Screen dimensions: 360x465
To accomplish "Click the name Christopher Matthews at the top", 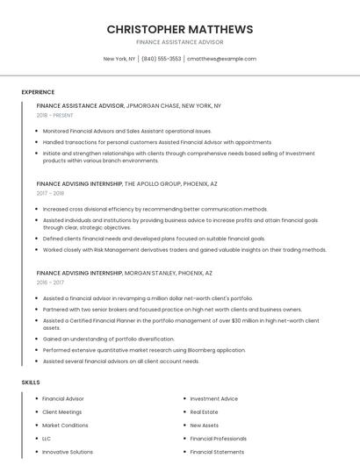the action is [x=179, y=29].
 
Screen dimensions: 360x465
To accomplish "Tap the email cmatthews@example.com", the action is [x=221, y=59].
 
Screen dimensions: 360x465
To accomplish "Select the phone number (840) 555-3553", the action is [x=161, y=59].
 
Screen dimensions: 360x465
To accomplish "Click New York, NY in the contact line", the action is [x=119, y=59].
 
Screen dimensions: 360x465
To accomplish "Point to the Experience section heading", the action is [x=38, y=92].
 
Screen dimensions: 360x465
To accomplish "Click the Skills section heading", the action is [x=31, y=383].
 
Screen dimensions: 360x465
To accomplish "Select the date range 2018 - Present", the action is [x=55, y=115].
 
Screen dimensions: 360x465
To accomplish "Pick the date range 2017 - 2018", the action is [x=51, y=193].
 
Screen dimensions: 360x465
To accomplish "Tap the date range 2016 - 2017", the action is [x=51, y=283].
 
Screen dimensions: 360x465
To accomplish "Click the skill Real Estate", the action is [x=204, y=411].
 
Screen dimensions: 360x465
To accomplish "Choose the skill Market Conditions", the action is [x=65, y=425].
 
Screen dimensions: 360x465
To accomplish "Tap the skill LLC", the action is [x=47, y=438].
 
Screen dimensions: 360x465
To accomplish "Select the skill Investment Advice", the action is [x=213, y=398].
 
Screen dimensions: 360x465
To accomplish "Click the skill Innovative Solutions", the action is [x=68, y=452].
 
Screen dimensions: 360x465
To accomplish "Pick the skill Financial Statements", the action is [x=217, y=452].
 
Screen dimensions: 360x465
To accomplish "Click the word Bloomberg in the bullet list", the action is [x=204, y=350].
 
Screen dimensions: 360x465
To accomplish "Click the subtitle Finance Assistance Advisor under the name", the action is [x=179, y=42].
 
